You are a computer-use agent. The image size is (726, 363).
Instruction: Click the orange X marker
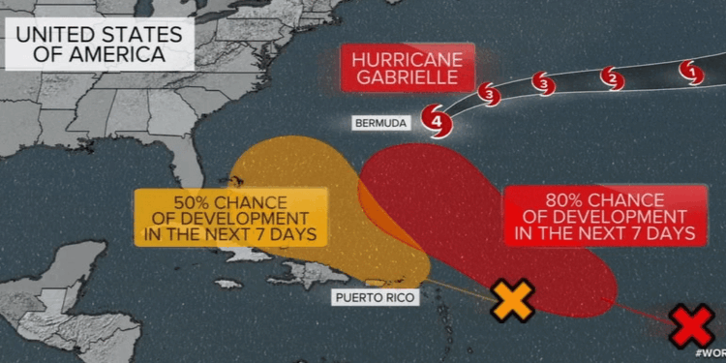coord(514,300)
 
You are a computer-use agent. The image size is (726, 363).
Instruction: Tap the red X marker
coord(692,326)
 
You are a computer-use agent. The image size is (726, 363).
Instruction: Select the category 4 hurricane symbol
coord(439,122)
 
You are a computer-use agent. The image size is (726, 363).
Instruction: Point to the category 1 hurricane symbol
coord(690,71)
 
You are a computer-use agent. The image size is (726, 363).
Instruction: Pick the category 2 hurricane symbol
coord(611,77)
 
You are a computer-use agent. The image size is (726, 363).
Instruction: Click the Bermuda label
coord(380,123)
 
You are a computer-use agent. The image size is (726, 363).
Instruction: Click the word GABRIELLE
coord(408,80)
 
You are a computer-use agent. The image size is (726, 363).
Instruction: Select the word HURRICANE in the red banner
coord(408,58)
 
